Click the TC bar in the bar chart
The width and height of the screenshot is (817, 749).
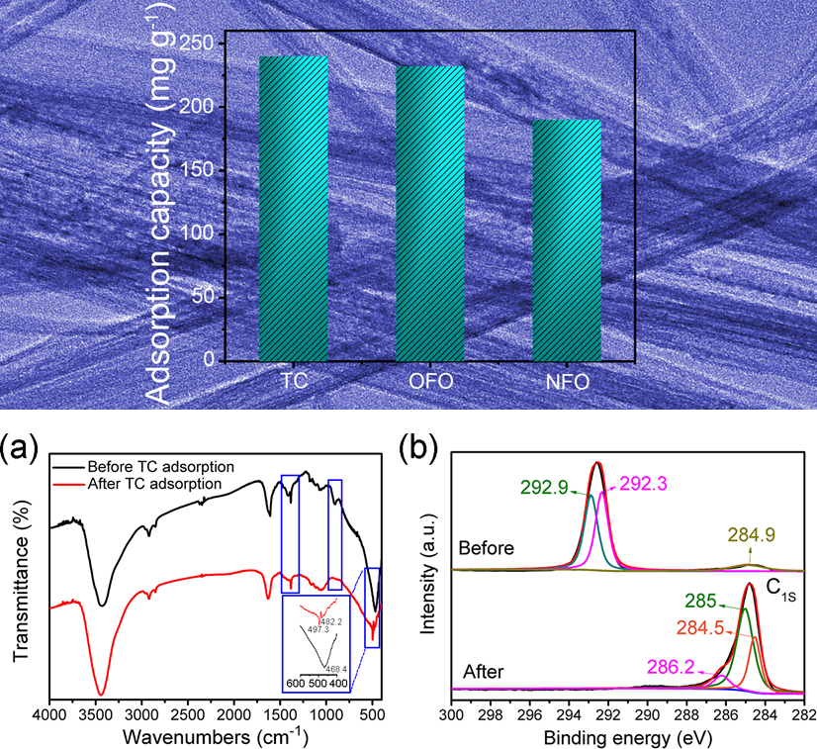click(293, 208)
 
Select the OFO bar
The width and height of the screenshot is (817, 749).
click(430, 213)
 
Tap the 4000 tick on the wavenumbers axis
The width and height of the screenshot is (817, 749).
click(49, 713)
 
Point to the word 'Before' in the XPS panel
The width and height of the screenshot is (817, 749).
click(485, 547)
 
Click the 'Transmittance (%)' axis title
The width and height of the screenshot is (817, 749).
click(19, 582)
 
